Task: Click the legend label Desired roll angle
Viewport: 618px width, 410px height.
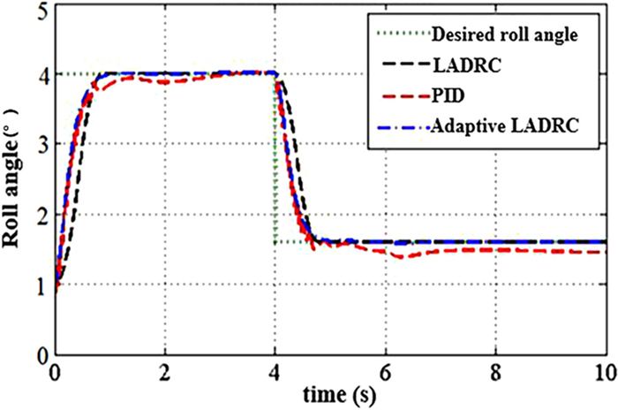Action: point(505,35)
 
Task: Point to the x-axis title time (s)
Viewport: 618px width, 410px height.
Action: point(330,394)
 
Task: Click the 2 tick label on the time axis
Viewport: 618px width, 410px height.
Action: point(165,369)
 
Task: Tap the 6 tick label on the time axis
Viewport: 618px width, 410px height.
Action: point(385,369)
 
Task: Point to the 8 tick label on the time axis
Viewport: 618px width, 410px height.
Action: point(495,369)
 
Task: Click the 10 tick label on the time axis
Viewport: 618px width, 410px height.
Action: point(604,369)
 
